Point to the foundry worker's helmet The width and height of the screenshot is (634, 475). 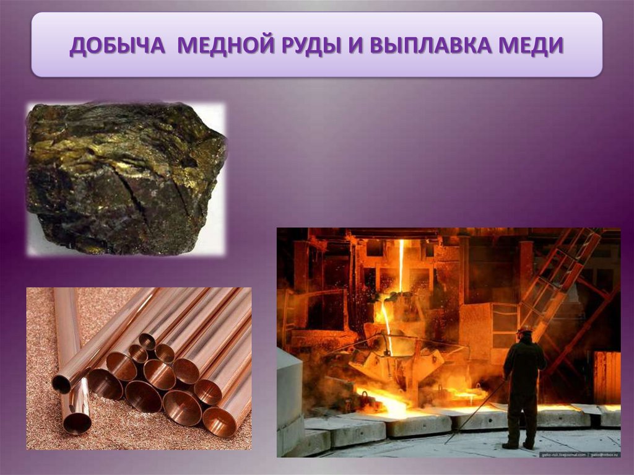(526, 329)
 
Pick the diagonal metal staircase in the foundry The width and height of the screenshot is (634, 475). (560, 272)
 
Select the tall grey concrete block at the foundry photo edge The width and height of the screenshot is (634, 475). (290, 396)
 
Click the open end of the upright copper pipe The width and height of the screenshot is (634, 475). (77, 422)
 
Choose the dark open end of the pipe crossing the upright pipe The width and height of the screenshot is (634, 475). (61, 384)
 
